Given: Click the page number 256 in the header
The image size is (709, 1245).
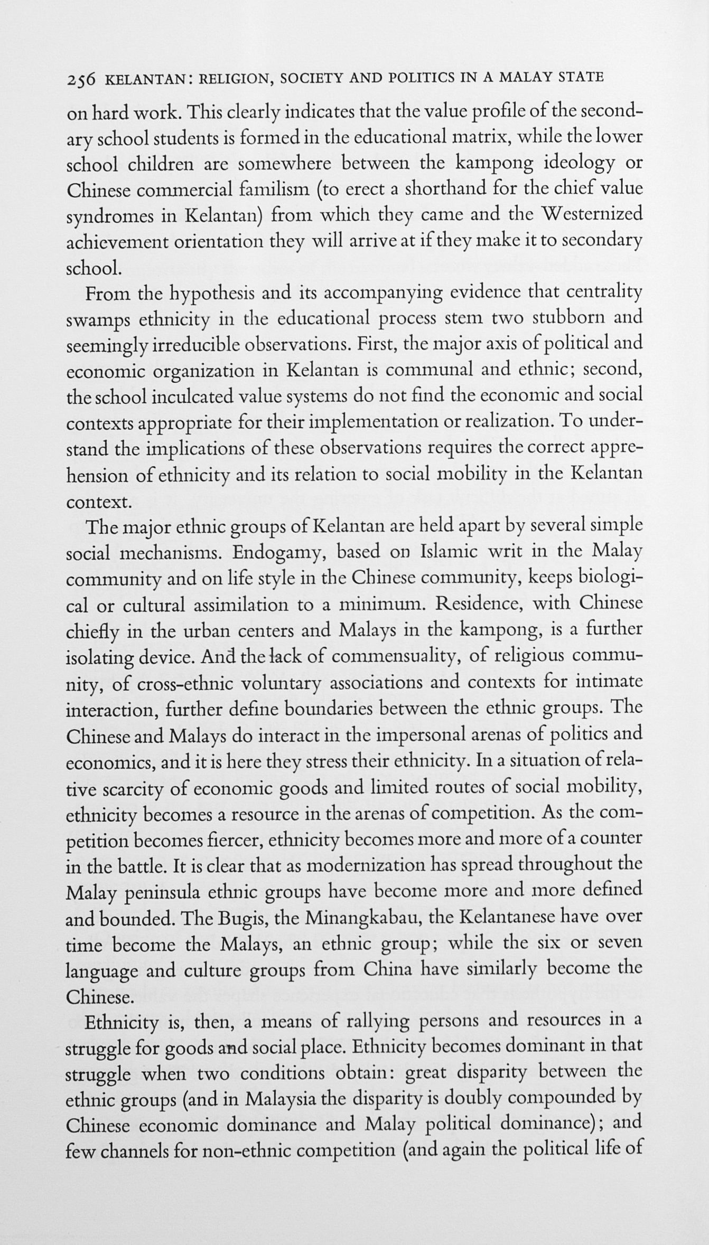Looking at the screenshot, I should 80,79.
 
